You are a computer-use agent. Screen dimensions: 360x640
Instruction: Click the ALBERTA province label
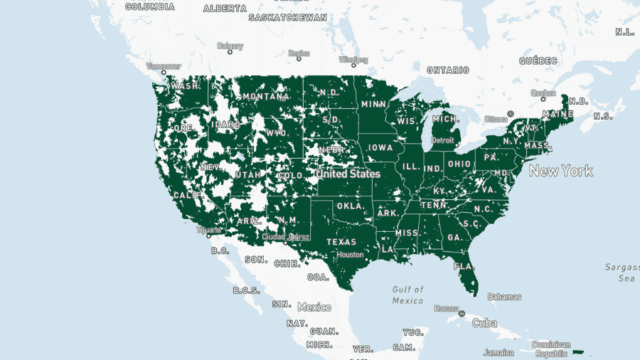click(226, 8)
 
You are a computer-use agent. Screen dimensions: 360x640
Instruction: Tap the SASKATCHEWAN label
click(287, 18)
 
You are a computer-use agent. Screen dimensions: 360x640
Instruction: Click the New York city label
click(561, 171)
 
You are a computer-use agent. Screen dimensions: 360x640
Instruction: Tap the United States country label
click(349, 173)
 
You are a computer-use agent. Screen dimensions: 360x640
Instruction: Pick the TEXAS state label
click(341, 242)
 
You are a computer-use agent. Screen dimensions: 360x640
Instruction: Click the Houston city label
click(350, 254)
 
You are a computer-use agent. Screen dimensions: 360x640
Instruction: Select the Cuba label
click(484, 322)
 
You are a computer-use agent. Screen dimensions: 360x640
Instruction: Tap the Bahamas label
click(504, 296)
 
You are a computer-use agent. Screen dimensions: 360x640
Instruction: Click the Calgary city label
click(230, 45)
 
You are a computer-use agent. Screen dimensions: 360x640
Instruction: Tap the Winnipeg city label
click(353, 59)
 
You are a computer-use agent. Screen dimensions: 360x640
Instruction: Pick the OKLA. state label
click(350, 207)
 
